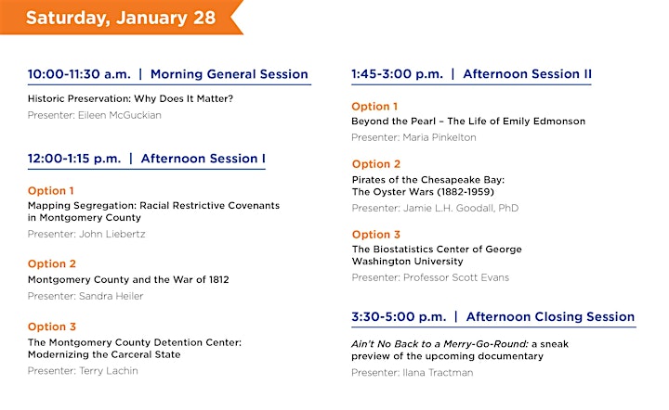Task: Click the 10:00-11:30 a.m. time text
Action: coord(79,74)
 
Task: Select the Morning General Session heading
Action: coord(230,74)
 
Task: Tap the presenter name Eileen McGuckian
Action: coord(120,115)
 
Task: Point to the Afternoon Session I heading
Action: coord(203,159)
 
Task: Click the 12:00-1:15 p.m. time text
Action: coord(74,159)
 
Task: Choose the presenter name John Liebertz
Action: coord(112,234)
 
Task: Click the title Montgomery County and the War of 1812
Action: coord(128,280)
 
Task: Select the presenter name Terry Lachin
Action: coord(109,371)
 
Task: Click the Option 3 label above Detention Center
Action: coord(52,327)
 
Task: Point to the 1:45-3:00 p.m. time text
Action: coord(398,74)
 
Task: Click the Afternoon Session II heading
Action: coord(528,74)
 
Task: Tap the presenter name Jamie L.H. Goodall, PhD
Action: coord(461,208)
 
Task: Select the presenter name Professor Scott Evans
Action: coord(456,277)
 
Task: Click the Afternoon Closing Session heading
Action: coord(550,316)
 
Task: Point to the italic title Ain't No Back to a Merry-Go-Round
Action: coord(439,344)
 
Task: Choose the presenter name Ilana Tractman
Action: coord(438,373)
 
